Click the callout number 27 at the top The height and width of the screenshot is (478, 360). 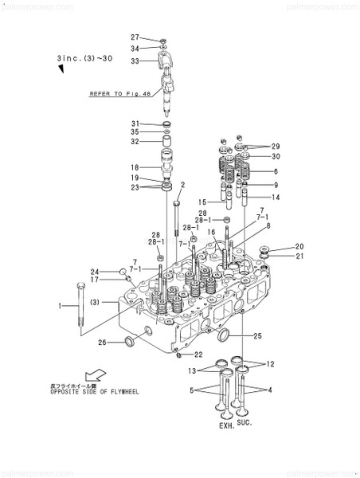pos(135,37)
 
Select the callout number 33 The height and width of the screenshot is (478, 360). pos(135,61)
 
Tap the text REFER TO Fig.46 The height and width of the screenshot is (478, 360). pos(119,93)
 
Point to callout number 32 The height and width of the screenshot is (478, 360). pos(135,142)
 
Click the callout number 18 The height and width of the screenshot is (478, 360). pos(135,167)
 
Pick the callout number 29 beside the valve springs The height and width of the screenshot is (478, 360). pos(276,147)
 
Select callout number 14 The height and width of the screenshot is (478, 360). pos(276,197)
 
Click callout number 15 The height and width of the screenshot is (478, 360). pos(203,202)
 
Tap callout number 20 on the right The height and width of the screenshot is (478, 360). pos(299,246)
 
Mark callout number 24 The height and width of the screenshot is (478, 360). pos(93,271)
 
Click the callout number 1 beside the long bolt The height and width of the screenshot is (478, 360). pos(58,306)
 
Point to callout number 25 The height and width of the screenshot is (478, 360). pos(256,336)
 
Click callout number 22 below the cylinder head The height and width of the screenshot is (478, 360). pos(198,355)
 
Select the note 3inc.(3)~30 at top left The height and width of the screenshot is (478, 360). pos(90,59)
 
